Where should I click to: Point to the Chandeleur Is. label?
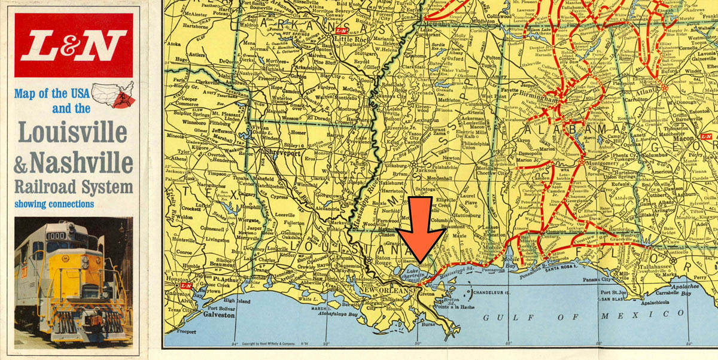pyautogui.click(x=490, y=293)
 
